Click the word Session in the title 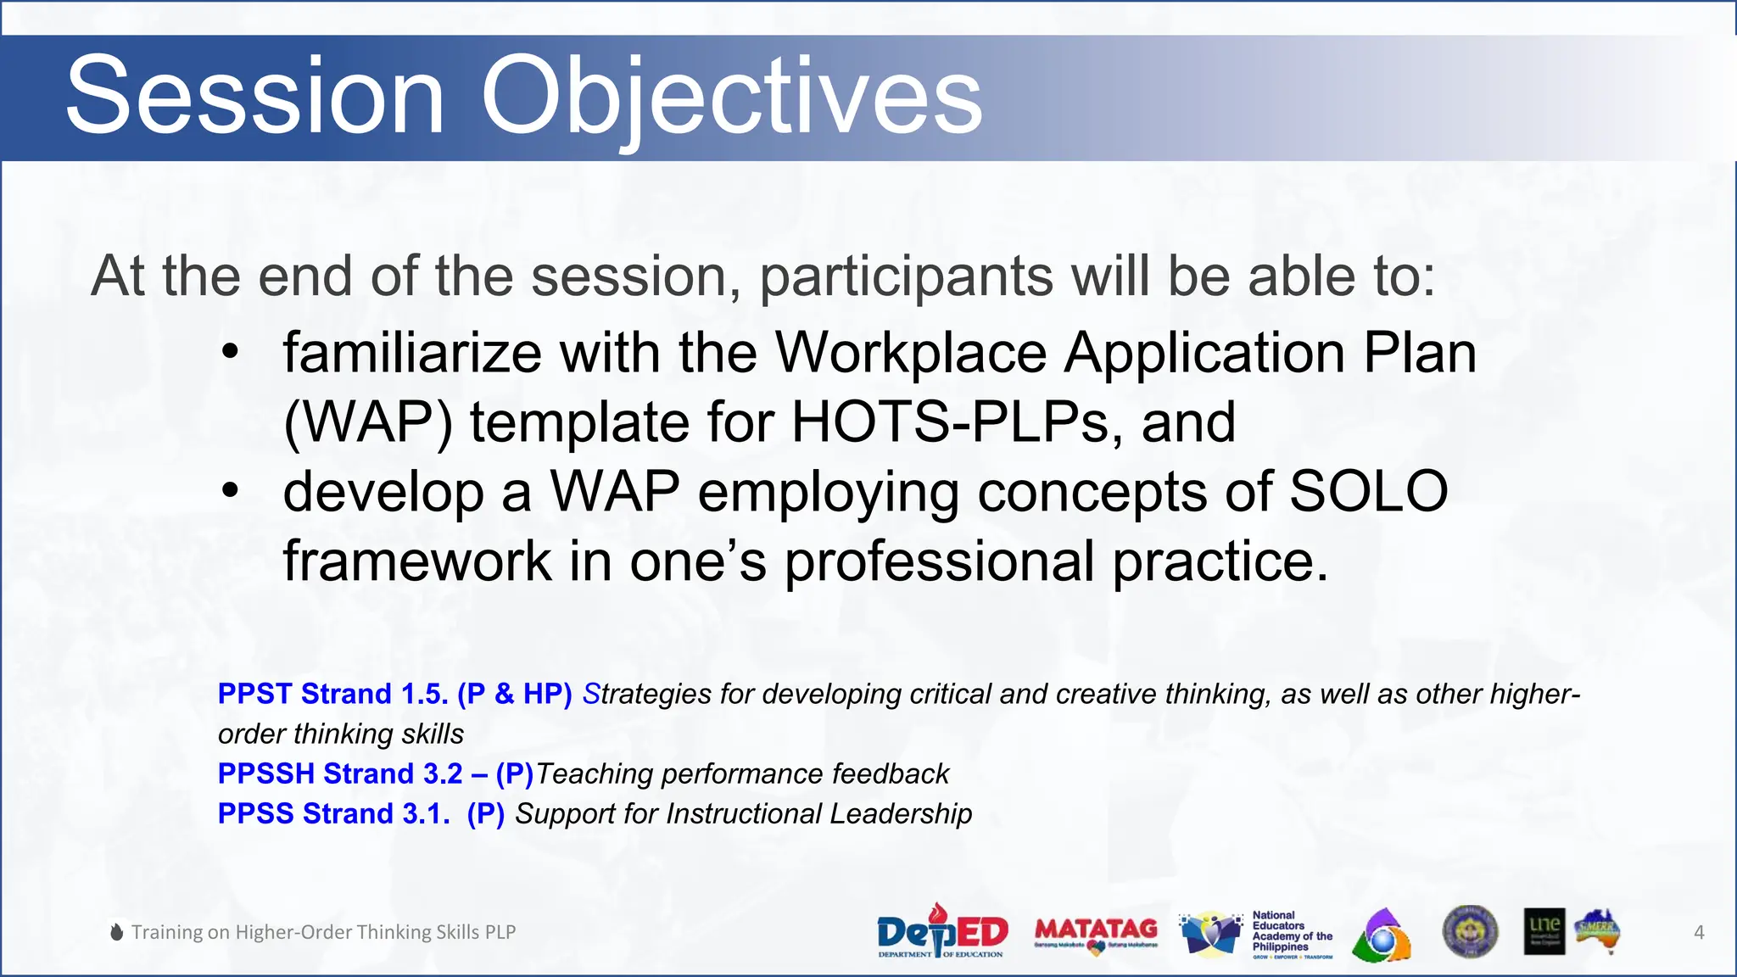coord(254,95)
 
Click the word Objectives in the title coord(731,95)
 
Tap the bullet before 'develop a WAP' coord(230,491)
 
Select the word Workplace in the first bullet coord(910,353)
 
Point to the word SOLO coord(1367,491)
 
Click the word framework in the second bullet coord(417,561)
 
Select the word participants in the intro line coord(906,276)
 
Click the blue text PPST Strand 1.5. coord(332,694)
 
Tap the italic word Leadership coord(900,813)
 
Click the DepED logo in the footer coord(941,931)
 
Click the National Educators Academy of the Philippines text coord(1291,931)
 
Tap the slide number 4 coord(1699,932)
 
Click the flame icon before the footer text coord(117,931)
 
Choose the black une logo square coord(1544,931)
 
